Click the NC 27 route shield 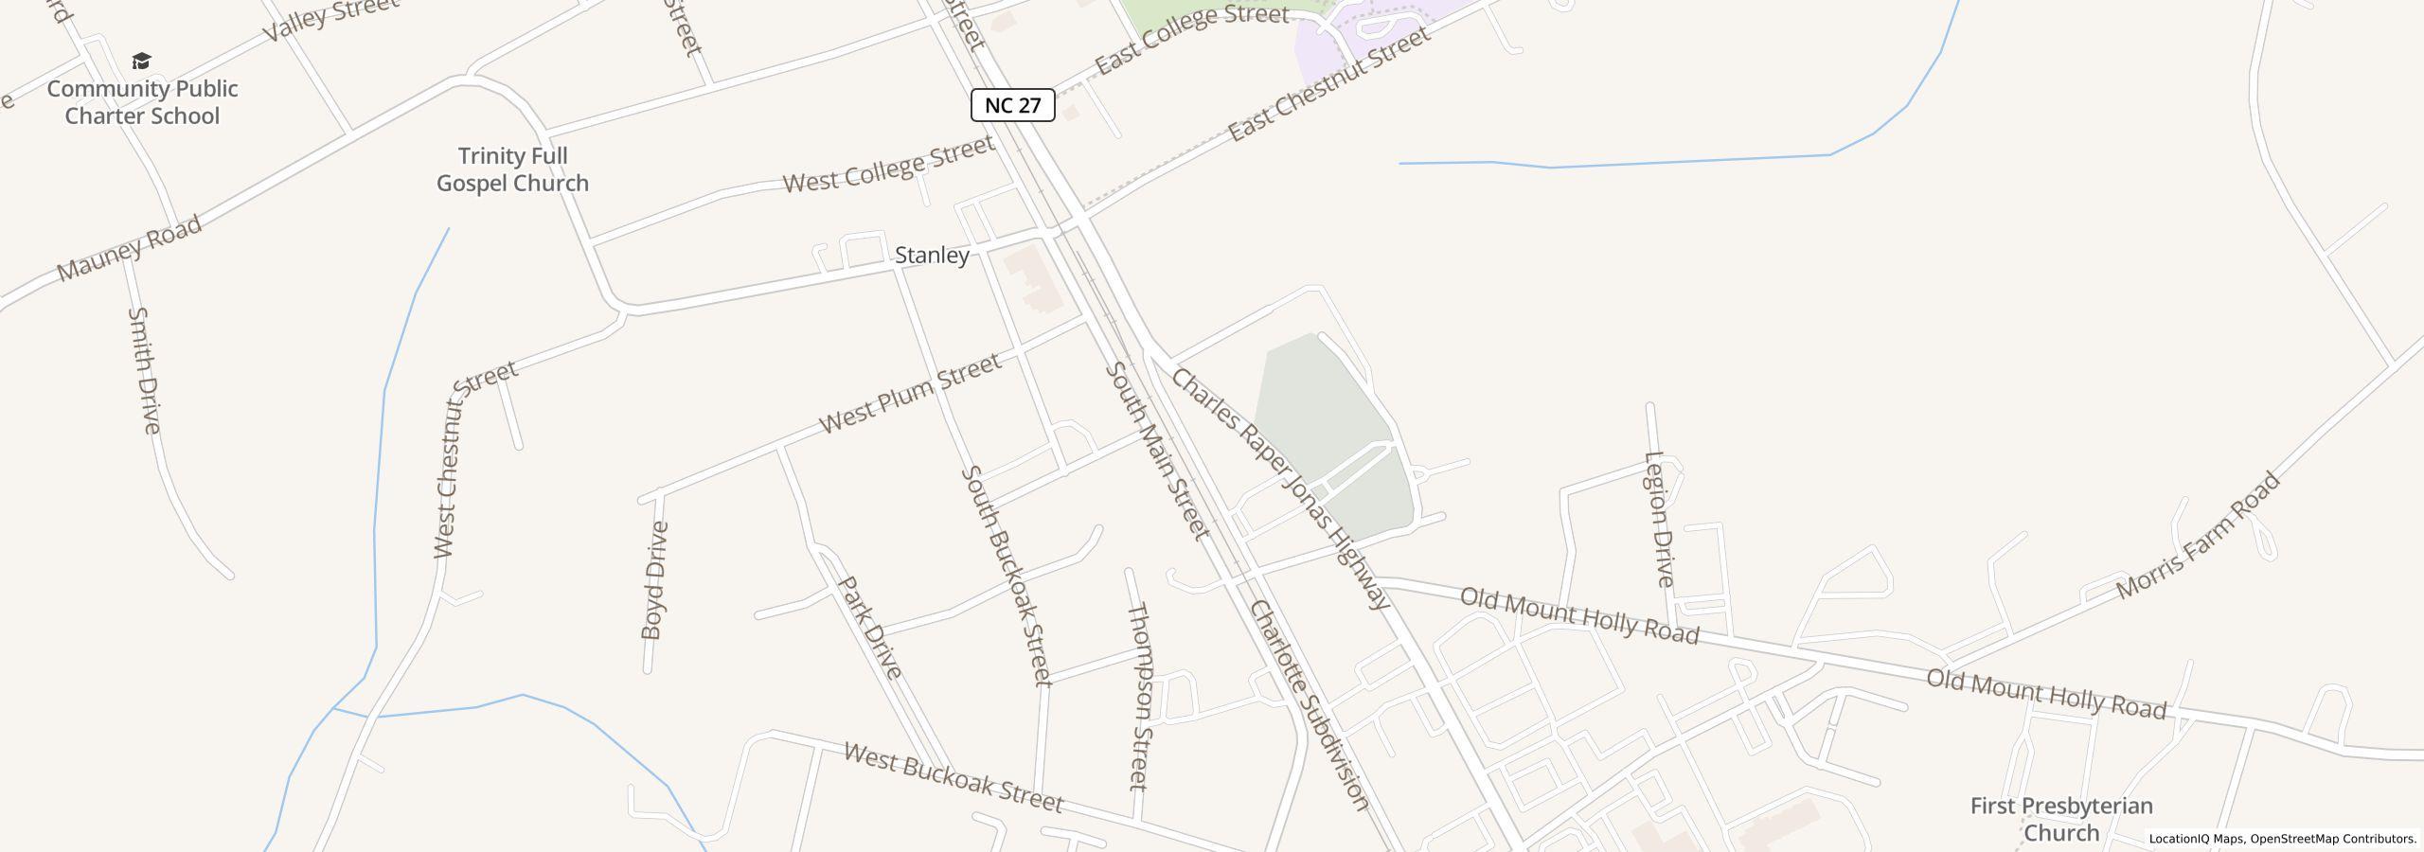pos(1012,105)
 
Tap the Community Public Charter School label pos(142,102)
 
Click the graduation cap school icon pos(141,62)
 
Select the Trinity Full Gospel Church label pos(512,169)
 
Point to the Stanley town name pos(932,255)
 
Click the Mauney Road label pos(129,248)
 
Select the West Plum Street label pos(909,393)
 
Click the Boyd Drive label pos(654,580)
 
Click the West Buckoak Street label pos(953,778)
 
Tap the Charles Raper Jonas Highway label pos(1280,488)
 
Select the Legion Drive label pos(1660,519)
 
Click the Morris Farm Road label pos(2198,536)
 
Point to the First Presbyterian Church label pos(2061,819)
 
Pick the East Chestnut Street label pos(1328,85)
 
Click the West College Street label pos(888,164)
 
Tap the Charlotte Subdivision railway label pos(1310,705)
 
